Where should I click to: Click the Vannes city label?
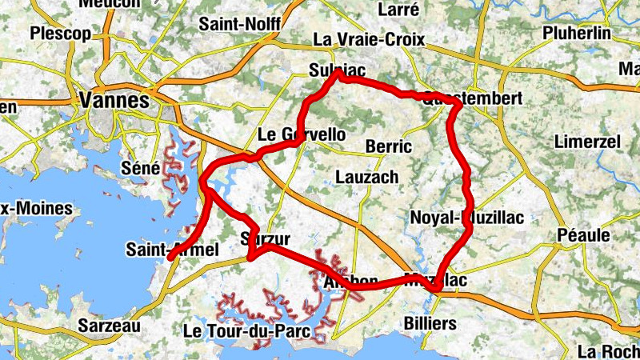115,101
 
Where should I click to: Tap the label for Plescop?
60,34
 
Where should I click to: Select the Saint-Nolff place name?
239,24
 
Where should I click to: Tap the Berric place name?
388,146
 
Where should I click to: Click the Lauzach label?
366,176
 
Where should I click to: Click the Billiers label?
430,324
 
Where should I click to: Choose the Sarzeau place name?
110,326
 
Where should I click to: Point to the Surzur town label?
264,239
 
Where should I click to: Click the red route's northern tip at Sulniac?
339,73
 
